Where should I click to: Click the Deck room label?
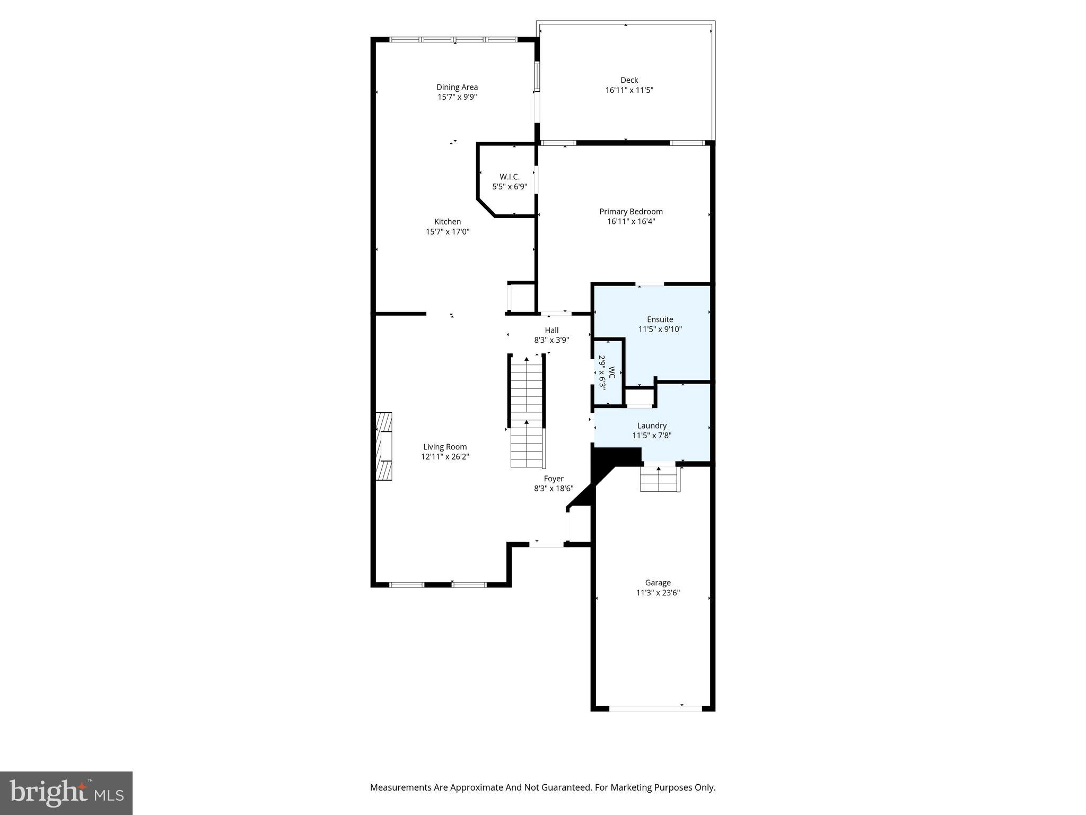[x=629, y=80]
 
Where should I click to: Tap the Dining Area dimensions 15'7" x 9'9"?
[x=457, y=97]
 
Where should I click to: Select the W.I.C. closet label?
[x=510, y=177]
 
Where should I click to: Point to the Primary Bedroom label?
[x=631, y=212]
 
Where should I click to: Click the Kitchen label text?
[x=448, y=222]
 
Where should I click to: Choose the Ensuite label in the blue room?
[x=660, y=319]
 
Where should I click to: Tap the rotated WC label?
[x=611, y=372]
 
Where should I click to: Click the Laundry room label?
[x=652, y=426]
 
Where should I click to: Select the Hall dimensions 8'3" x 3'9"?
[x=551, y=340]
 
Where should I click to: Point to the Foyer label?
[x=554, y=479]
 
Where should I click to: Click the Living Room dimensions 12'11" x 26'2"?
[x=445, y=457]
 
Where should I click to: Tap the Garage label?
[x=658, y=583]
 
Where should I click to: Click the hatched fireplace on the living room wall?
[x=384, y=446]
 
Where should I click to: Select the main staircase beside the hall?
[x=527, y=412]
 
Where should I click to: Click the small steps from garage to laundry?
[x=659, y=479]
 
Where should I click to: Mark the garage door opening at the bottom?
[x=655, y=708]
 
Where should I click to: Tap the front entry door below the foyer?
[x=546, y=544]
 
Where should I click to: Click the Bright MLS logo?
[x=66, y=793]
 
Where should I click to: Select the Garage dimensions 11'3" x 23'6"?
[x=658, y=593]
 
